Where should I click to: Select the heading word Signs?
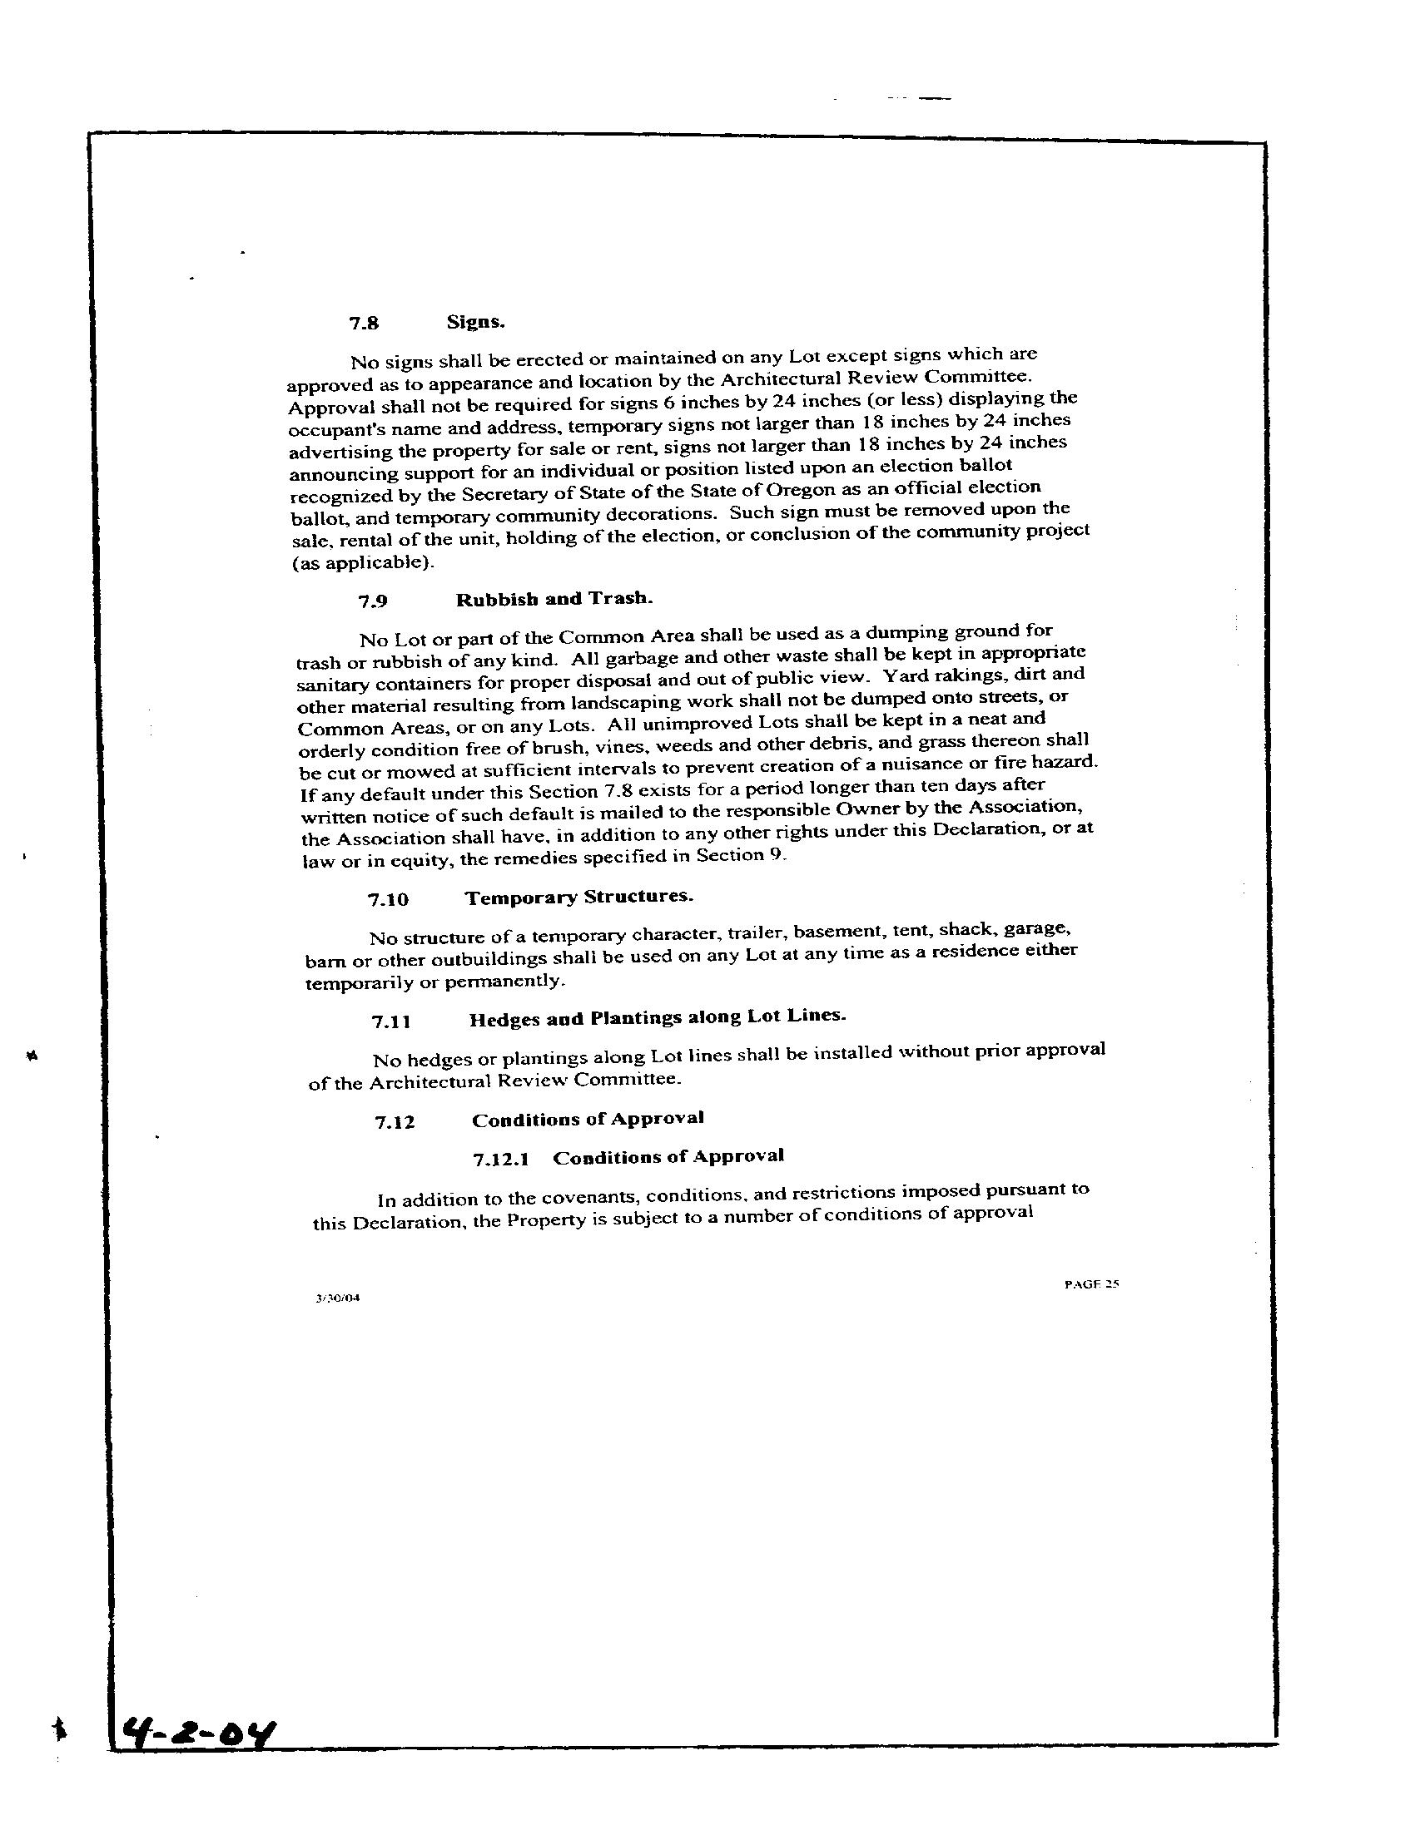(x=475, y=322)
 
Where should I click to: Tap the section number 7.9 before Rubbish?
(x=373, y=601)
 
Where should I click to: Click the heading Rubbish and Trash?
(x=554, y=599)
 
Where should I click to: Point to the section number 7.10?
(x=388, y=900)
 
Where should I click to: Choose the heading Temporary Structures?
(x=579, y=897)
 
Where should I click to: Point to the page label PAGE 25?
(x=1091, y=1283)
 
